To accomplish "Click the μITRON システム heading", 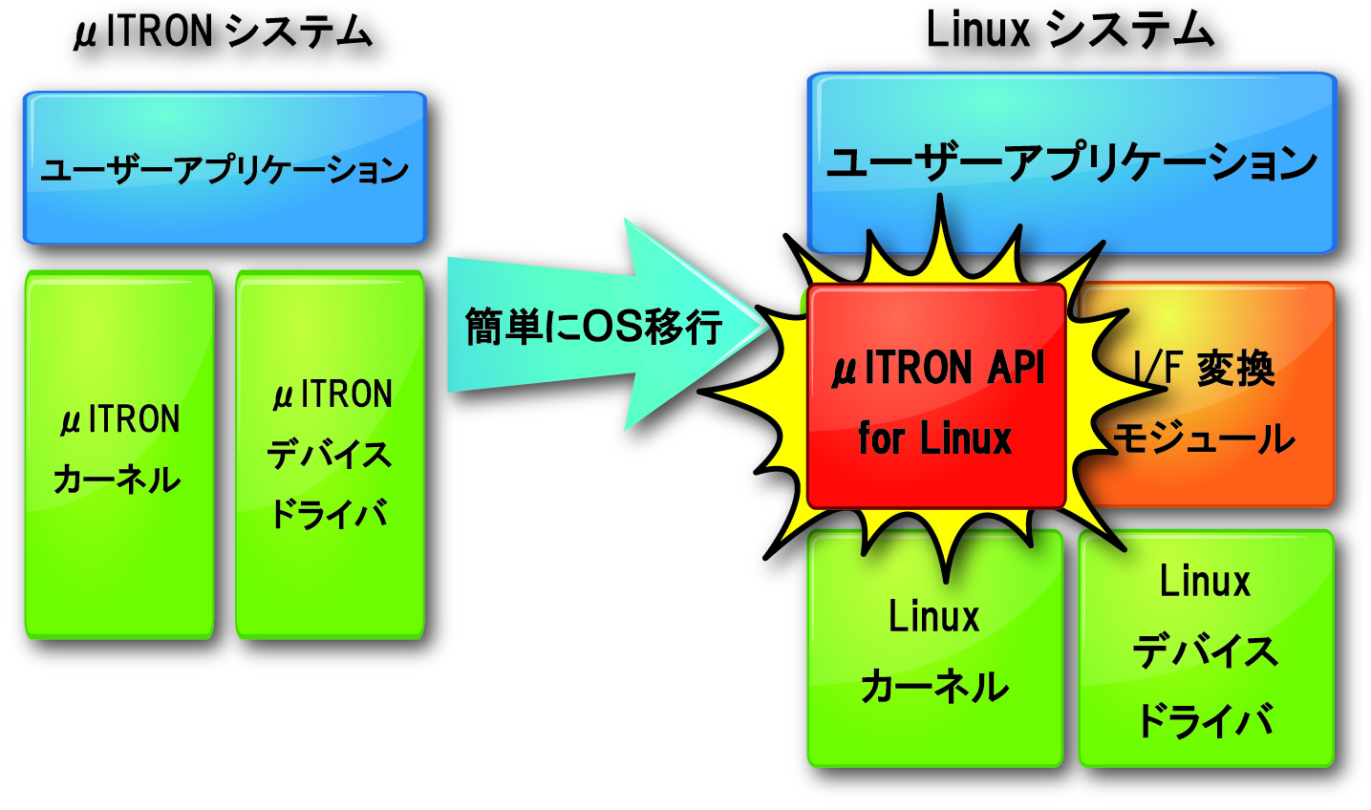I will point(223,32).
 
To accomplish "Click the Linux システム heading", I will point(1070,31).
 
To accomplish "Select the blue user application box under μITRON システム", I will point(225,168).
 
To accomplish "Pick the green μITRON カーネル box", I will point(119,454).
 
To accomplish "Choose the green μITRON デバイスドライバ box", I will point(330,454).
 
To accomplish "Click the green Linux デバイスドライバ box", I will point(1206,650).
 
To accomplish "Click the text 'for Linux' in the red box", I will point(934,439).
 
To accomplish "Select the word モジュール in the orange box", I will point(1206,439).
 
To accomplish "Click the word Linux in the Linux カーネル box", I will point(934,617).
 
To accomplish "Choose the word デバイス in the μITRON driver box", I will point(330,455).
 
